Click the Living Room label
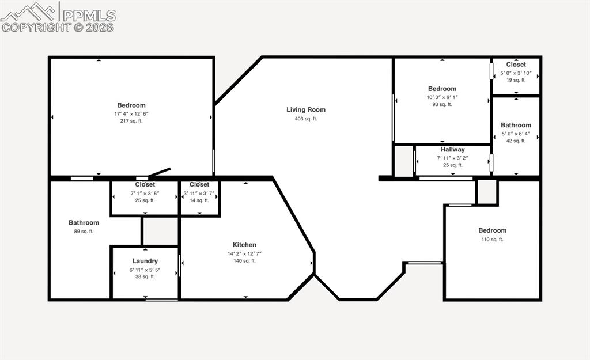click(306, 109)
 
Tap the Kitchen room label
click(244, 245)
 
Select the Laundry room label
click(145, 261)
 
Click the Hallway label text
click(453, 149)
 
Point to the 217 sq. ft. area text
click(131, 121)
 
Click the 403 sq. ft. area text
click(306, 119)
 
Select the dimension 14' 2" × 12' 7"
click(244, 253)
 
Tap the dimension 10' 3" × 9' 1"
click(442, 97)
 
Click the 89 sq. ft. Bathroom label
click(84, 222)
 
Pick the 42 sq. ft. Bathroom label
click(516, 125)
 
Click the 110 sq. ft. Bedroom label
click(492, 230)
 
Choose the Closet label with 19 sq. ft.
click(516, 65)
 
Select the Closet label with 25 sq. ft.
click(145, 184)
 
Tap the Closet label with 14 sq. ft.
click(199, 184)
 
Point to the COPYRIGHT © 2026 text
click(58, 27)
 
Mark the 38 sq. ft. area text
click(145, 276)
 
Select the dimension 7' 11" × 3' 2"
click(453, 157)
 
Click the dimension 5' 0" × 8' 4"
click(516, 134)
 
